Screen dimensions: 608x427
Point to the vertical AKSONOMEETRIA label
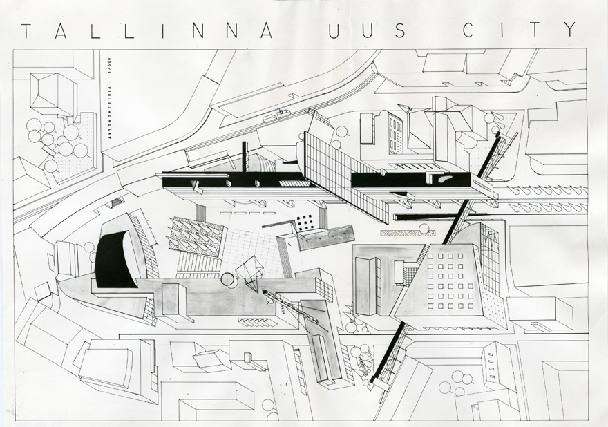(x=108, y=112)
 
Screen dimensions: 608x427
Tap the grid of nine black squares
(x=305, y=222)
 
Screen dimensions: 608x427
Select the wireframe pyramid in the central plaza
(x=250, y=272)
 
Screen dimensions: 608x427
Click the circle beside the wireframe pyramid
(x=228, y=280)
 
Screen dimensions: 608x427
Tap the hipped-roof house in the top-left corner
(x=53, y=93)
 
